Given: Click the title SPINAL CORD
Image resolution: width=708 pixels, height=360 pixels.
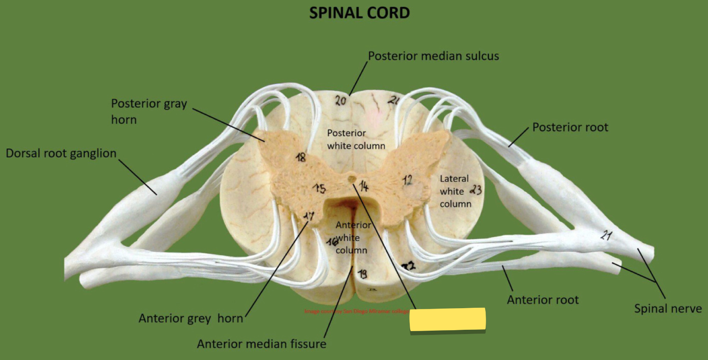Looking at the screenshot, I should pos(359,13).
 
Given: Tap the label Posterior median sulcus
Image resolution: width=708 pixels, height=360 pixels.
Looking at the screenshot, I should pos(433,56).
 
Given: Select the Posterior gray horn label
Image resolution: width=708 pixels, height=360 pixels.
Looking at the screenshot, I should pos(149,111).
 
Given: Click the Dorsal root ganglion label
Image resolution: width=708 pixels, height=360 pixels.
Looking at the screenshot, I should pos(61,153).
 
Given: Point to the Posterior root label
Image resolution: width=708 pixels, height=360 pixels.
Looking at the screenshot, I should pos(570,127).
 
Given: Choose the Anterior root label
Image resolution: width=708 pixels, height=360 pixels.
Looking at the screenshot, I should pos(543,300).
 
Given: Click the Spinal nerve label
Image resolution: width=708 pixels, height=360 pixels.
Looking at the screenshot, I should pos(667,309).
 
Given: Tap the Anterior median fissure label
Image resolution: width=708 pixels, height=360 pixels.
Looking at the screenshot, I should pos(261,344).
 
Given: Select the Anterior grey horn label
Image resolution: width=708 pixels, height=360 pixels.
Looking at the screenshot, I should pos(191,319).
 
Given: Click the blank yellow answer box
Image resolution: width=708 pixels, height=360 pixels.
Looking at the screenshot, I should pos(447,319).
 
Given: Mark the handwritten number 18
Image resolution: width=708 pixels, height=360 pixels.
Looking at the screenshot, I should pos(300,157).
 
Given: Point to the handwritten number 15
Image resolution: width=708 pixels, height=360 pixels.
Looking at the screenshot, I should pos(319,189).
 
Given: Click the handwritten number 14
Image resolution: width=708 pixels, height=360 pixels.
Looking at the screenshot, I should pos(364,186).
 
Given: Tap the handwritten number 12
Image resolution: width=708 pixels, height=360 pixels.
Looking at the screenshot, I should pos(407,180).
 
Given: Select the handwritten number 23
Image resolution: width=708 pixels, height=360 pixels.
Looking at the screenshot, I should pos(476,189).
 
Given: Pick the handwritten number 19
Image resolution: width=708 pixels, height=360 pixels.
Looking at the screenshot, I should pos(363,274).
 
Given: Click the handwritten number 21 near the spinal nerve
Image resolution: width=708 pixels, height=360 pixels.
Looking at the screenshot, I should pos(607,235).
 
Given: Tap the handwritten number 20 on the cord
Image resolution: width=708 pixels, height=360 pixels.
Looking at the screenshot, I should pos(341,101).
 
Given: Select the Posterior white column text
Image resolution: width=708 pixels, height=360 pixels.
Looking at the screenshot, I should pos(356,139).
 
